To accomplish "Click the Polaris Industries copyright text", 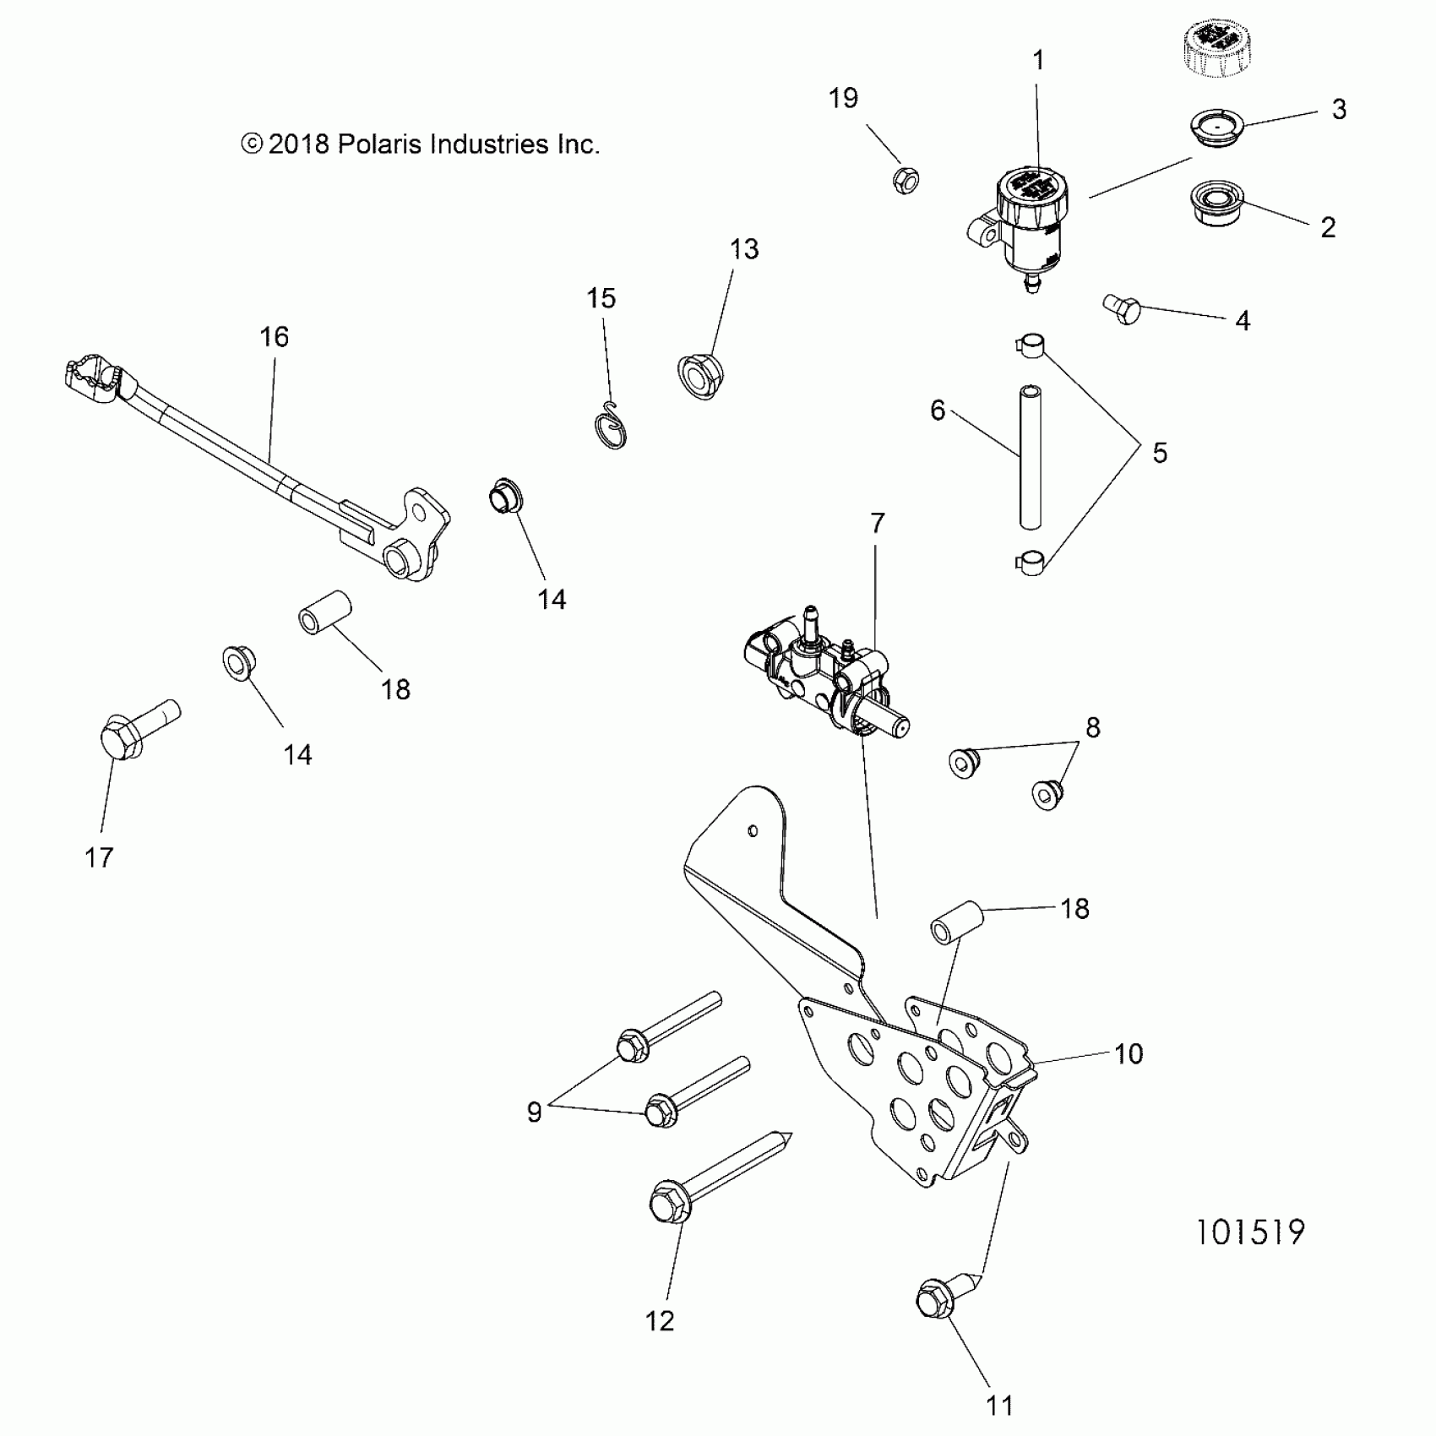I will pyautogui.click(x=420, y=144).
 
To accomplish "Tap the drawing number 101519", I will pyautogui.click(x=1250, y=1232).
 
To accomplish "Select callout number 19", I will pyautogui.click(x=843, y=98).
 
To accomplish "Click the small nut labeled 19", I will pyautogui.click(x=906, y=180).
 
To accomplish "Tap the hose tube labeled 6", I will pyautogui.click(x=1030, y=457).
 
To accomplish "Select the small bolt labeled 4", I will pyautogui.click(x=1123, y=309).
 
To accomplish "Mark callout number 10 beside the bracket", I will pyautogui.click(x=1129, y=1053).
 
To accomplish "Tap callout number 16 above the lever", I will pyautogui.click(x=275, y=337).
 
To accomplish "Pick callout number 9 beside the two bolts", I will pyautogui.click(x=534, y=1112).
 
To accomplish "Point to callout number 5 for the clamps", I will pyautogui.click(x=1160, y=453).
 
